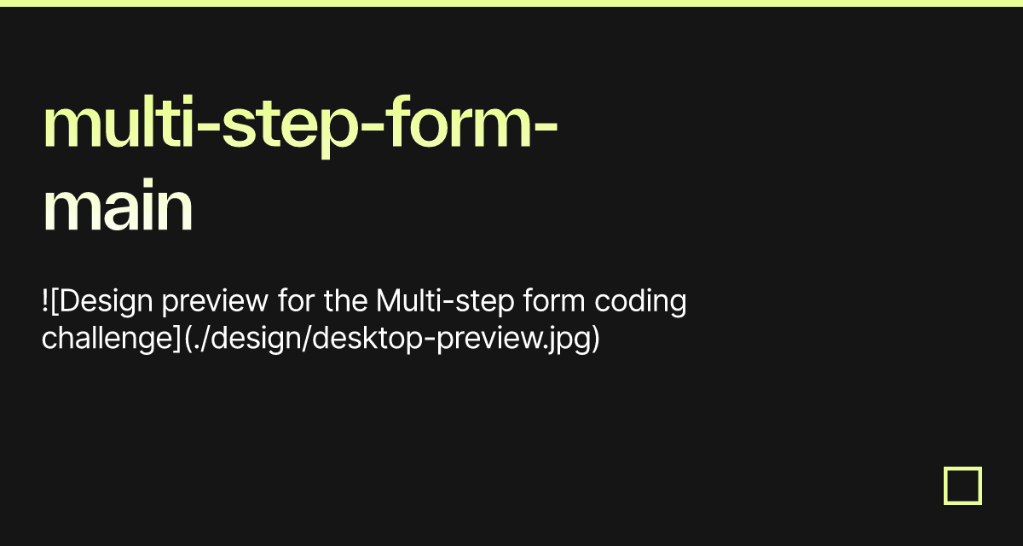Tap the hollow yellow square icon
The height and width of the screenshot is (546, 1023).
click(962, 485)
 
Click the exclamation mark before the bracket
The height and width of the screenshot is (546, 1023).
click(45, 301)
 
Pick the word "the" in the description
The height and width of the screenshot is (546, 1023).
click(344, 301)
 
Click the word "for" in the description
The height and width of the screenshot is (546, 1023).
click(295, 301)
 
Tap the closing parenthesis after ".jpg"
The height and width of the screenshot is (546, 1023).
click(595, 338)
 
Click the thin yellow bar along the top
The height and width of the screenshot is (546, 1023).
click(511, 3)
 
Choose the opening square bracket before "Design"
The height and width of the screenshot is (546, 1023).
click(55, 301)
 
